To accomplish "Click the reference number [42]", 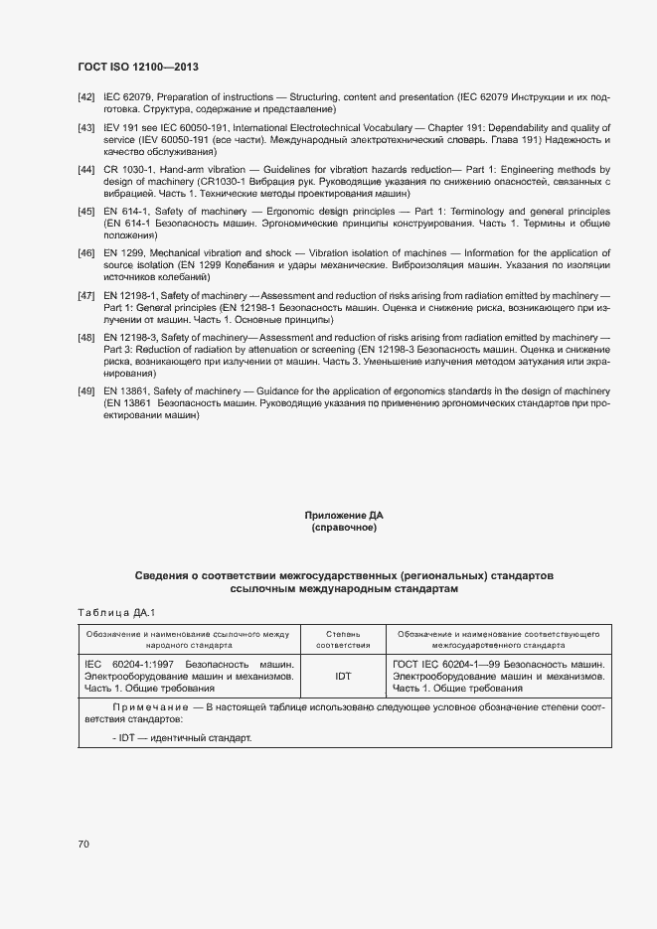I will [86, 96].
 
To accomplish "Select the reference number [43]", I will [86, 129].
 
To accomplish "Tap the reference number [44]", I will [86, 170].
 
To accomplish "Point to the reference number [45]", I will [86, 213].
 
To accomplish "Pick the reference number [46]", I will [86, 254].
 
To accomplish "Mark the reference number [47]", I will [86, 296].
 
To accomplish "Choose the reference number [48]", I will [86, 339].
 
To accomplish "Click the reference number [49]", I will [86, 391].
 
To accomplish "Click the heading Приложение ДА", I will [344, 516].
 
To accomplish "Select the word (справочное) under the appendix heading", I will [344, 528].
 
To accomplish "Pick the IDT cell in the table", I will [343, 676].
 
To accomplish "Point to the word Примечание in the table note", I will [147, 706].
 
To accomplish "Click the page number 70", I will [83, 844].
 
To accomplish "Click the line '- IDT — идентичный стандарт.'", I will [183, 738].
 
